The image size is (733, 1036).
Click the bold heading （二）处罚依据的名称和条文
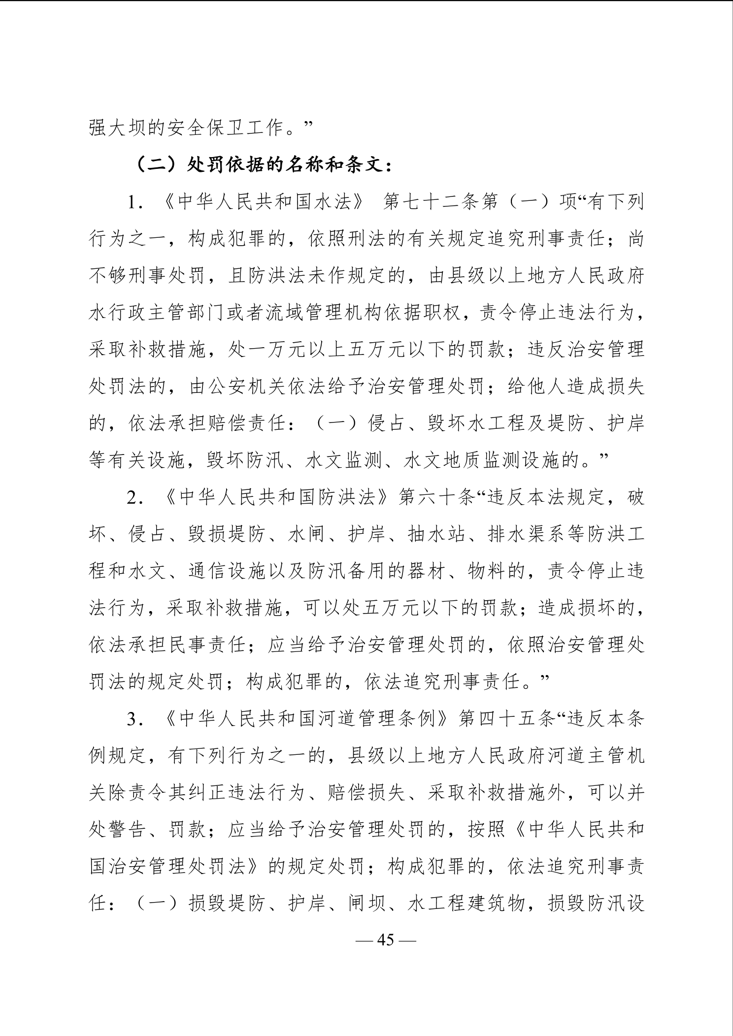pos(264,165)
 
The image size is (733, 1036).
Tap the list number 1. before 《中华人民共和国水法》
pos(134,203)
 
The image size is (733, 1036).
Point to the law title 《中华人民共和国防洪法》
pos(277,498)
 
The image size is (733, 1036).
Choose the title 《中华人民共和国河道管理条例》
pos(306,719)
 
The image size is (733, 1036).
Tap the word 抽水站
pos(436,535)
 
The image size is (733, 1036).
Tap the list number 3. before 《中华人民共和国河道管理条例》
pos(134,719)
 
